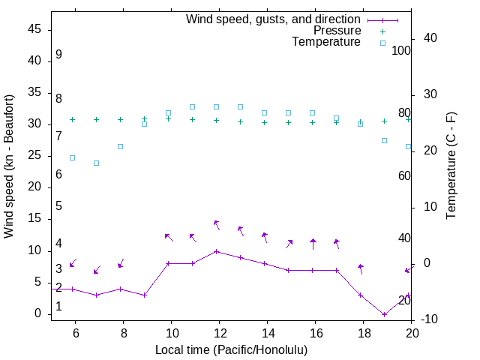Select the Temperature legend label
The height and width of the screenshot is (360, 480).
pyautogui.click(x=326, y=43)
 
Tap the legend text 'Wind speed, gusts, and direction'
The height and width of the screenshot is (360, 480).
pyautogui.click(x=273, y=19)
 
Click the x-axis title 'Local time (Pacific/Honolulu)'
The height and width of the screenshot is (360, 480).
pyautogui.click(x=231, y=350)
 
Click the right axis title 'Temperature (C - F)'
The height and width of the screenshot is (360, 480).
pyautogui.click(x=451, y=166)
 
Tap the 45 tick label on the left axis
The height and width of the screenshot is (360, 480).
pyautogui.click(x=34, y=30)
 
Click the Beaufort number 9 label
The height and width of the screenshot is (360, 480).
pyautogui.click(x=58, y=55)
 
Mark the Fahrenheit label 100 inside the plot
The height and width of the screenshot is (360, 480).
pyautogui.click(x=401, y=50)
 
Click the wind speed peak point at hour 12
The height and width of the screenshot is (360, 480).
pyautogui.click(x=216, y=251)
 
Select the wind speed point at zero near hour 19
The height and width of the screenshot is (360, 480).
pyautogui.click(x=384, y=314)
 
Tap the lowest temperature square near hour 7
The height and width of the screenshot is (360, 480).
pyautogui.click(x=96, y=163)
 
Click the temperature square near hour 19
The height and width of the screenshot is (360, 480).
pyautogui.click(x=384, y=140)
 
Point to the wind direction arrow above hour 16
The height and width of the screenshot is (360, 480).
pyautogui.click(x=313, y=244)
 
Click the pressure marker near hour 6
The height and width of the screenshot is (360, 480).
pyautogui.click(x=72, y=119)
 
